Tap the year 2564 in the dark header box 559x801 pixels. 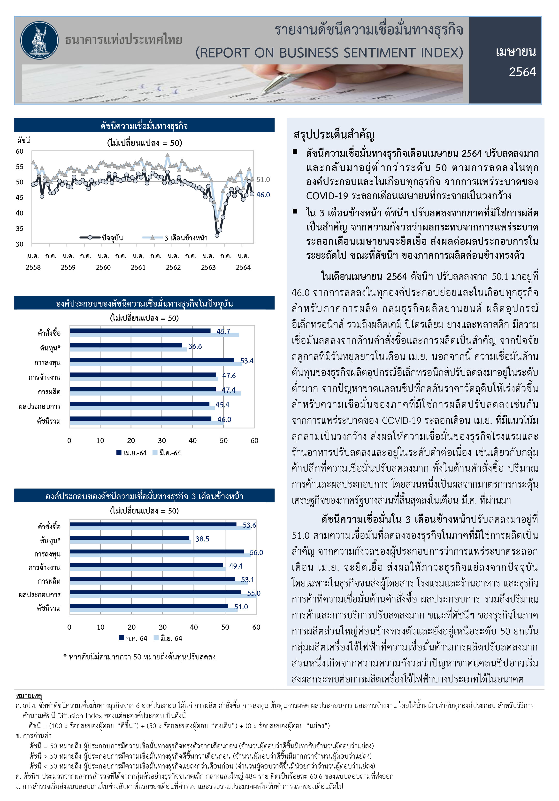click(522, 72)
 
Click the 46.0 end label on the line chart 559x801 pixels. click(263, 195)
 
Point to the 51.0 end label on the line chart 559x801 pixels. click(263, 180)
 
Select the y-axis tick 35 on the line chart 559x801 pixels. click(20, 229)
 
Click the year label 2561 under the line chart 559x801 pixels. click(138, 268)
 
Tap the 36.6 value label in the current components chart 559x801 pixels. click(195, 346)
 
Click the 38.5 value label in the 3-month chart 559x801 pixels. click(202, 539)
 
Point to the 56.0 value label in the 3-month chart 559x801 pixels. click(256, 553)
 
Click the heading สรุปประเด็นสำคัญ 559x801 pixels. click(334, 135)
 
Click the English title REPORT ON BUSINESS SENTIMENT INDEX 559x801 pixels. click(329, 53)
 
